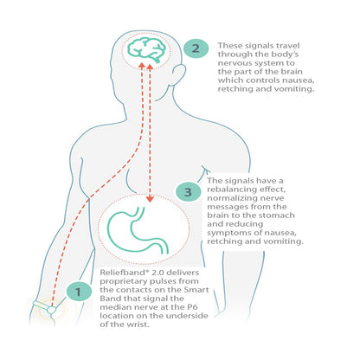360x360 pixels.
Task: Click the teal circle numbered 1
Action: pyautogui.click(x=79, y=292)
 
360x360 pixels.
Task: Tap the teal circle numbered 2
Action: pyautogui.click(x=196, y=48)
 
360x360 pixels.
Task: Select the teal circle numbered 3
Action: pyautogui.click(x=188, y=192)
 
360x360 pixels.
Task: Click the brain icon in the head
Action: pyautogui.click(x=146, y=50)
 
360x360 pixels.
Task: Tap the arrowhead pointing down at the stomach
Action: pyautogui.click(x=150, y=199)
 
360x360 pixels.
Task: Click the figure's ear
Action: pyautogui.click(x=179, y=74)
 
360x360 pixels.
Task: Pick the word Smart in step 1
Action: pyautogui.click(x=196, y=290)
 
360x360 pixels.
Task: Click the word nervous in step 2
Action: pyautogui.click(x=235, y=63)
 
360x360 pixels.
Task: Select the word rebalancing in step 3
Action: pyautogui.click(x=232, y=190)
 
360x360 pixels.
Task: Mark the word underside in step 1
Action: pyautogui.click(x=187, y=316)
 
